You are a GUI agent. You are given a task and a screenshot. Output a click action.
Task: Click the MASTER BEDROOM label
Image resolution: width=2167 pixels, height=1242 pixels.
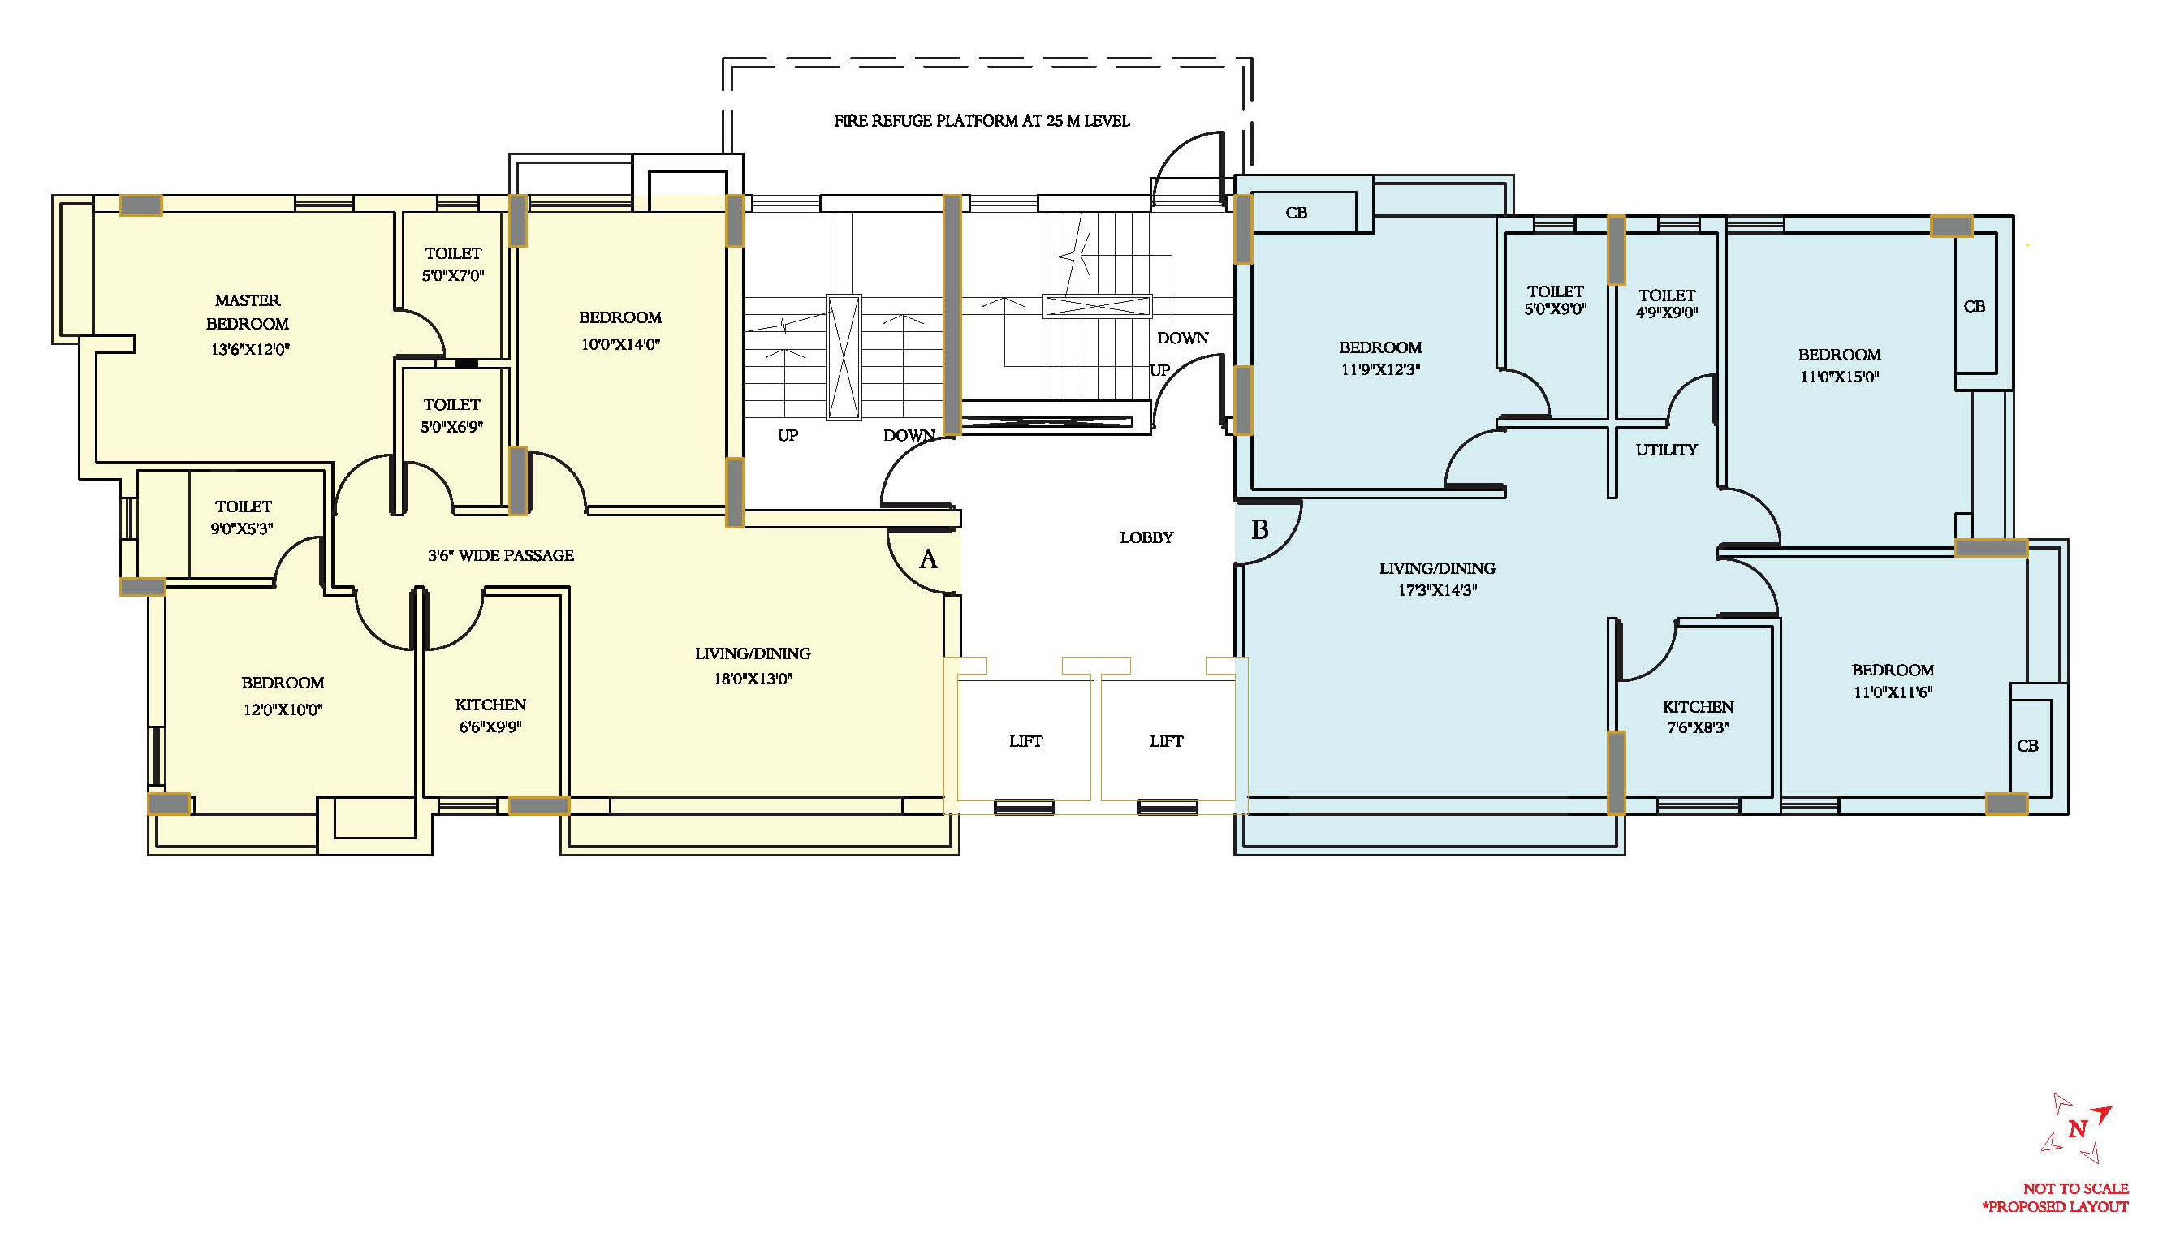pyautogui.click(x=248, y=313)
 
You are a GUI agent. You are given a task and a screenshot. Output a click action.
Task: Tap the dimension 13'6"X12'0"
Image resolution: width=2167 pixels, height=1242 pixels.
pyautogui.click(x=250, y=350)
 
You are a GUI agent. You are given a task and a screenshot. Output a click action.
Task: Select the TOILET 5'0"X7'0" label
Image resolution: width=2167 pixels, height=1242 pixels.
pyautogui.click(x=453, y=265)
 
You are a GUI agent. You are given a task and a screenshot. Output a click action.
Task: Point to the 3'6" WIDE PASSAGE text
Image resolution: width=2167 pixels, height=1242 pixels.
pyautogui.click(x=501, y=555)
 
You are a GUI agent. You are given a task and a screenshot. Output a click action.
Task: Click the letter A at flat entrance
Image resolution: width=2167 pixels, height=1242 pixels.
pyautogui.click(x=928, y=559)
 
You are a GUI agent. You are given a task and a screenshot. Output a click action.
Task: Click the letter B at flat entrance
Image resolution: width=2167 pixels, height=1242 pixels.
pyautogui.click(x=1259, y=530)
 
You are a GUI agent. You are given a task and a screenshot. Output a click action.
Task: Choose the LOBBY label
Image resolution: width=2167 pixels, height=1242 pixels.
pyautogui.click(x=1146, y=537)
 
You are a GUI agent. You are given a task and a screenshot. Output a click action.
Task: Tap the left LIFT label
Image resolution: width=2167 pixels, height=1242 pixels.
pyautogui.click(x=1025, y=741)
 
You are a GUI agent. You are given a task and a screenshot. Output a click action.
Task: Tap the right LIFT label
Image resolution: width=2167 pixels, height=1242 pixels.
pyautogui.click(x=1166, y=741)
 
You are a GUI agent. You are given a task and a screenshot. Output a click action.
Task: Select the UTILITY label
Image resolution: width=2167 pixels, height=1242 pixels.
pyautogui.click(x=1666, y=450)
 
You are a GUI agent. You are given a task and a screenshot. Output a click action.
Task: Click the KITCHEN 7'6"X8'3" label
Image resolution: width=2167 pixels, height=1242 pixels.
pyautogui.click(x=1698, y=718)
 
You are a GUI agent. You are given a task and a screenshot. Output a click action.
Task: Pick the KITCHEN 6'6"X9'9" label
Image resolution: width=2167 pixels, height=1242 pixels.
pyautogui.click(x=490, y=716)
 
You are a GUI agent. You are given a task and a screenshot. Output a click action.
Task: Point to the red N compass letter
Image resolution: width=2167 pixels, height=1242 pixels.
pyautogui.click(x=2077, y=1128)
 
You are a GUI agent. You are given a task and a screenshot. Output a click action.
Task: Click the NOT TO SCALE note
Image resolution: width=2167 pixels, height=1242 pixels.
pyautogui.click(x=2076, y=1188)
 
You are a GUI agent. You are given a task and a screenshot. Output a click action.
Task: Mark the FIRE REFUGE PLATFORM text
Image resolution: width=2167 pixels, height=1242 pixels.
pyautogui.click(x=981, y=121)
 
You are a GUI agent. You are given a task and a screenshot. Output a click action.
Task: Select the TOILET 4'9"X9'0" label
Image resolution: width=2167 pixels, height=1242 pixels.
pyautogui.click(x=1667, y=304)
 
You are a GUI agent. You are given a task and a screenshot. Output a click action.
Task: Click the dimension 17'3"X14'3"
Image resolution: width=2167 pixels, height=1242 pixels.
pyautogui.click(x=1437, y=590)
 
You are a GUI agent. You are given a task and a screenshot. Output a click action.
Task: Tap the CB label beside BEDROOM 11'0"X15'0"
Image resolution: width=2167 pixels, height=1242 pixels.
pyautogui.click(x=1975, y=306)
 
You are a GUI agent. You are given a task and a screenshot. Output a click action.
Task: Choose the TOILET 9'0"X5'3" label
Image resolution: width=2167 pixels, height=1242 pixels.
pyautogui.click(x=243, y=518)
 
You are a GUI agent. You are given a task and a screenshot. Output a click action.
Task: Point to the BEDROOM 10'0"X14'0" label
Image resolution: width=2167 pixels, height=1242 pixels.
pyautogui.click(x=620, y=331)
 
